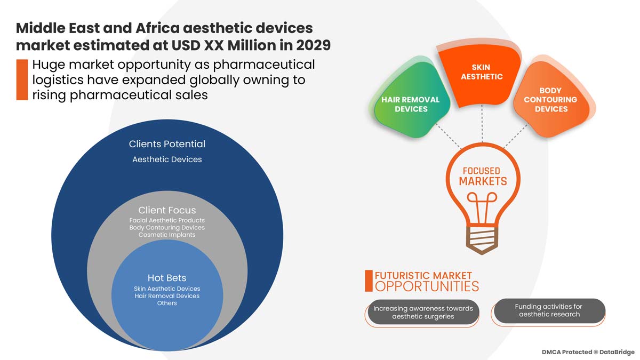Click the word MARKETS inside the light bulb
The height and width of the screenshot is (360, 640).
point(483,181)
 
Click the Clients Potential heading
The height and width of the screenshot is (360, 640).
point(167,144)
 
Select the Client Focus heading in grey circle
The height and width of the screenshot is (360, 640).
point(167,210)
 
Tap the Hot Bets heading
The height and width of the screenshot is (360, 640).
point(167,278)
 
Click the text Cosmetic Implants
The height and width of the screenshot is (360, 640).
point(167,235)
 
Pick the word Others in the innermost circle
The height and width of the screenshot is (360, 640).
point(167,303)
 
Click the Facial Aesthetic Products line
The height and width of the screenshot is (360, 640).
point(167,220)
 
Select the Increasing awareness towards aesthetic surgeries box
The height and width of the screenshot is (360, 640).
point(423,313)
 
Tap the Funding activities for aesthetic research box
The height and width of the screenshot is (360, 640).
point(549,310)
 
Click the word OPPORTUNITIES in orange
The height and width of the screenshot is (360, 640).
point(427,286)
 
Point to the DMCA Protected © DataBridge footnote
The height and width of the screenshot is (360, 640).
point(588,352)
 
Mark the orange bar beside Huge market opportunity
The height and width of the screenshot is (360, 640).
point(22,80)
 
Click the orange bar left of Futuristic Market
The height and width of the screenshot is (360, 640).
point(369,281)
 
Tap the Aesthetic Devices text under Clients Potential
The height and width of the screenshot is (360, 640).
point(167,159)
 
